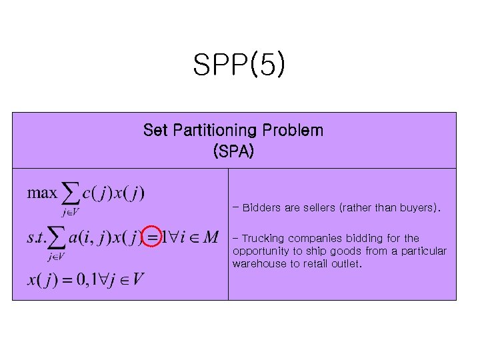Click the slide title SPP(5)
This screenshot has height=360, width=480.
(239, 65)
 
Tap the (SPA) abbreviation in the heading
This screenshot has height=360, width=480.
(233, 151)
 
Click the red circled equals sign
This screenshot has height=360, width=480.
(153, 237)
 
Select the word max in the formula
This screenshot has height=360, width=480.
(42, 193)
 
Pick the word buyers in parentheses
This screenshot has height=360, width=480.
(417, 208)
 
